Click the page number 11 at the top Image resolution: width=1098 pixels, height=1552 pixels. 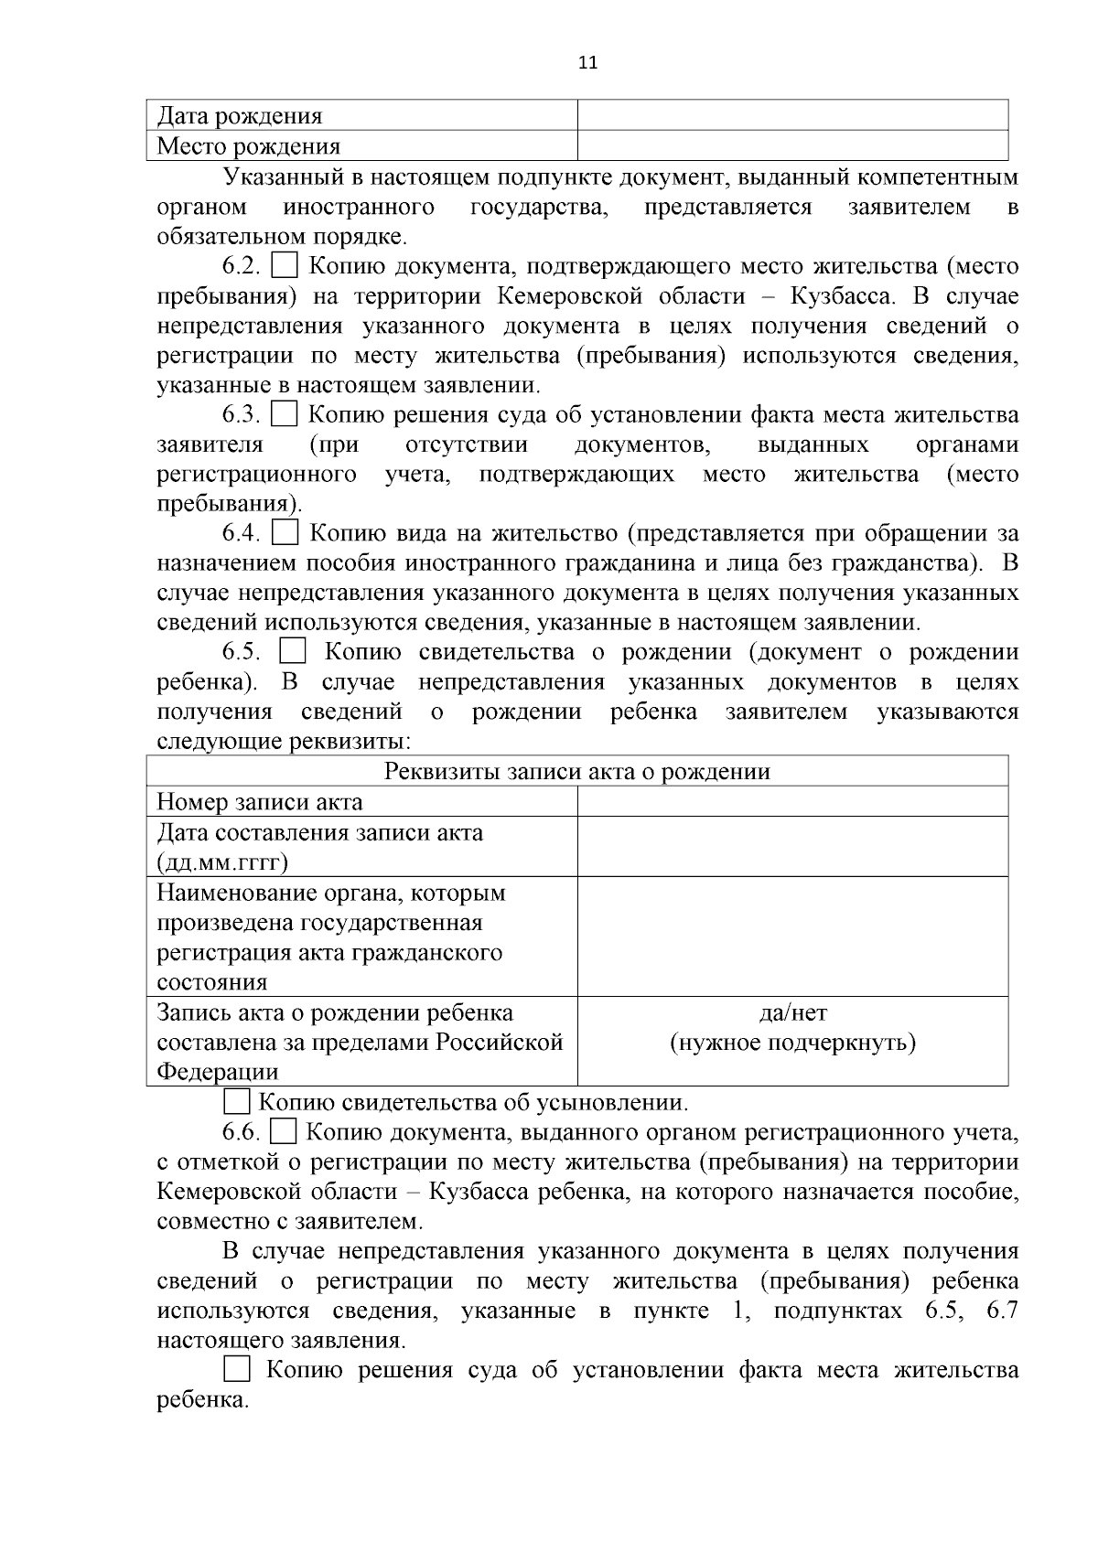click(x=587, y=63)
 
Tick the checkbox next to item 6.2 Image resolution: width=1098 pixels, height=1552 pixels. click(x=285, y=266)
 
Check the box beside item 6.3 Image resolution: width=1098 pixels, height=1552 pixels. click(x=285, y=414)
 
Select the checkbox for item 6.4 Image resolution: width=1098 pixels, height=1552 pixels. click(x=286, y=532)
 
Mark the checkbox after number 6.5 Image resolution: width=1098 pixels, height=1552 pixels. click(x=293, y=652)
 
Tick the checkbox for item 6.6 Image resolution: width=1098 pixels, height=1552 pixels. click(x=285, y=1132)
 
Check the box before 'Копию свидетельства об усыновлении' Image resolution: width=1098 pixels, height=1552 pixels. click(x=237, y=1102)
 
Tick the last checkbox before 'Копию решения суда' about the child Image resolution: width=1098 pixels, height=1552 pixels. click(x=237, y=1369)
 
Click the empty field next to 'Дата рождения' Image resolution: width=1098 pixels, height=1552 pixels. click(x=792, y=115)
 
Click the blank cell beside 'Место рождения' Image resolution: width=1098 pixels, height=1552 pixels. click(x=792, y=145)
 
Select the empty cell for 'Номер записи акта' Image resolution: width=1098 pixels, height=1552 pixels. click(x=792, y=802)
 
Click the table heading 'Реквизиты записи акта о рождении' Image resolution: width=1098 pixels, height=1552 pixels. click(x=577, y=772)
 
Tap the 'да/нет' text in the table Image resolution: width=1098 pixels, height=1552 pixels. click(x=792, y=1012)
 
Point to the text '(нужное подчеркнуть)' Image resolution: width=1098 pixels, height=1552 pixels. click(x=792, y=1043)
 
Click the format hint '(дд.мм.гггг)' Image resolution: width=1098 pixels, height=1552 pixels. click(x=222, y=862)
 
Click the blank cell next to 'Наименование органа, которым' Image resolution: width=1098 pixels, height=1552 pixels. click(x=792, y=937)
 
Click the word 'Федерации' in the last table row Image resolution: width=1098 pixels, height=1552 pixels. click(x=218, y=1072)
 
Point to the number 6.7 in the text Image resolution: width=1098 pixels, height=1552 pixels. click(x=1002, y=1311)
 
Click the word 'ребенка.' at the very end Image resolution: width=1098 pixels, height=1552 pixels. click(x=203, y=1400)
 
